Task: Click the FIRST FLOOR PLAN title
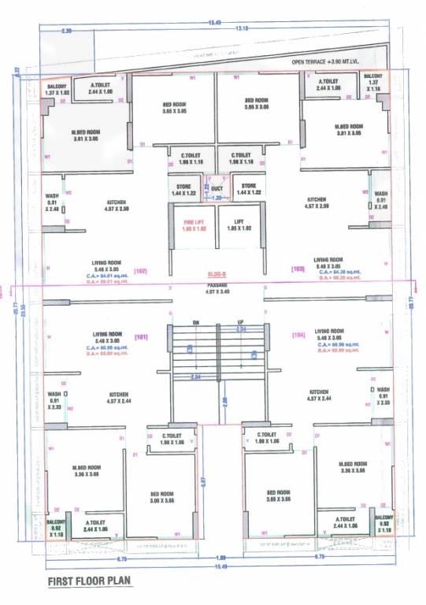pyautogui.click(x=90, y=581)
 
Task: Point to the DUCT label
pyautogui.click(x=216, y=189)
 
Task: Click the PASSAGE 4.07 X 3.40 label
pyautogui.click(x=217, y=287)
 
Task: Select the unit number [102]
pyautogui.click(x=142, y=270)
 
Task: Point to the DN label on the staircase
pyautogui.click(x=195, y=322)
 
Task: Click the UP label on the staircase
pyautogui.click(x=240, y=322)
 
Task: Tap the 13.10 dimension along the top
pyautogui.click(x=242, y=28)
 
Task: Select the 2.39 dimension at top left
pyautogui.click(x=66, y=31)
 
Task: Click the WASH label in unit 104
pyautogui.click(x=383, y=390)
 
